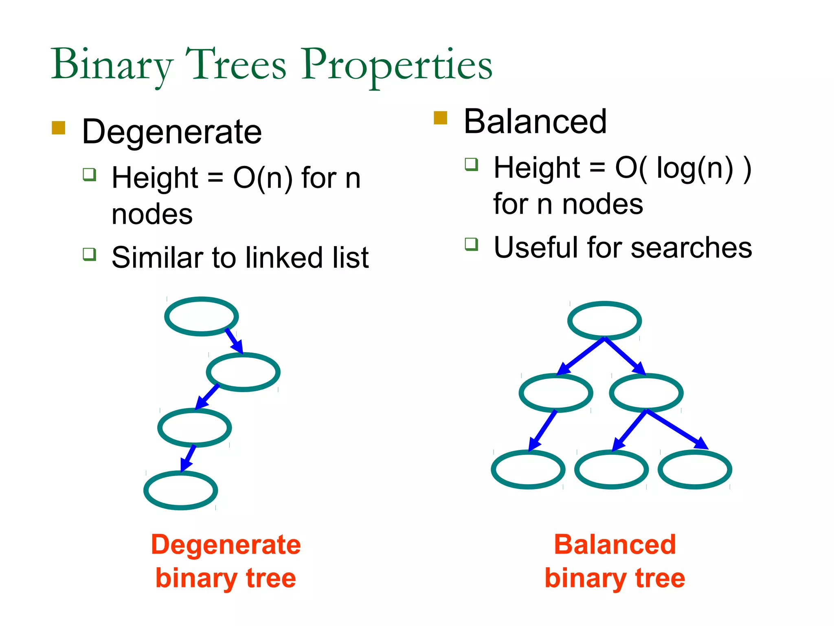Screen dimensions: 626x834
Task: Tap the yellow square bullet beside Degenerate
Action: (x=59, y=128)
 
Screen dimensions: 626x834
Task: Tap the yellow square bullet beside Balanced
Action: (x=441, y=118)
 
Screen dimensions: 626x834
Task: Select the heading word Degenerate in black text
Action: (x=172, y=132)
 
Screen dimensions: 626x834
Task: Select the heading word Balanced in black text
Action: (x=535, y=122)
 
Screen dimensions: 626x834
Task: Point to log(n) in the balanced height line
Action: (x=695, y=168)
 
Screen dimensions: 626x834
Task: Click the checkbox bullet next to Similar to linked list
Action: (x=89, y=254)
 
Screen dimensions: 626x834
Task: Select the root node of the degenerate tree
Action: (x=202, y=316)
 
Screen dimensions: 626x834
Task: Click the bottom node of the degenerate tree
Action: (x=181, y=490)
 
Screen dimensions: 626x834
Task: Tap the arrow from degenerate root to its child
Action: (x=234, y=340)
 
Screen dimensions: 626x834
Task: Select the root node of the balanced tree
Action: (x=605, y=321)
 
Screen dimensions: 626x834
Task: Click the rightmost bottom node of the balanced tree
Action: (x=695, y=469)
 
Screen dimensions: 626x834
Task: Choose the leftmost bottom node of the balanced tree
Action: (x=528, y=469)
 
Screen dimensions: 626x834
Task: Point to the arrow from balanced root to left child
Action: (x=580, y=356)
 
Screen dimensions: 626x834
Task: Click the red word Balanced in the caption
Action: (x=615, y=545)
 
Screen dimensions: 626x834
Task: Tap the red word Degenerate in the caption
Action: (x=226, y=545)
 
